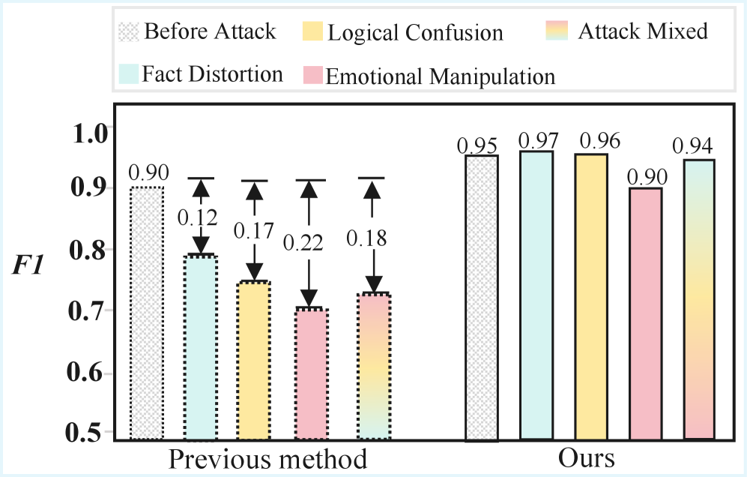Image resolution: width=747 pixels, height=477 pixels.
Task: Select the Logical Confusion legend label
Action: tap(415, 33)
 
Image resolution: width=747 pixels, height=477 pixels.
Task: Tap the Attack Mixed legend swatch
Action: tap(558, 31)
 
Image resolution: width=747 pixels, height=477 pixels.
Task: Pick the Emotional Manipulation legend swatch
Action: tap(312, 76)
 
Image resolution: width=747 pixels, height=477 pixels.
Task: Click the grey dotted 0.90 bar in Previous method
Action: tap(146, 313)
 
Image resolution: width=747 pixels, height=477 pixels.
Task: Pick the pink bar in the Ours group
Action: tap(645, 313)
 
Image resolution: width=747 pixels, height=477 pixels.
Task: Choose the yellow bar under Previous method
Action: tap(253, 360)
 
